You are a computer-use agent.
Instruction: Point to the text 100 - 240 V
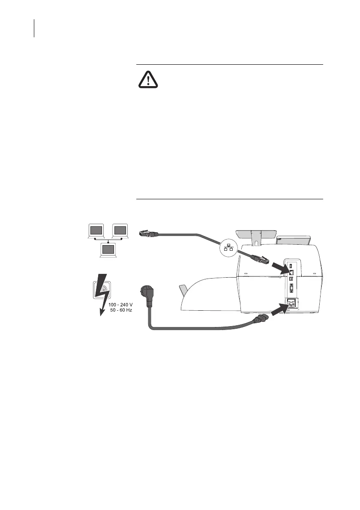[x=120, y=305]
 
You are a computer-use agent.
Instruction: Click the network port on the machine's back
[x=291, y=272]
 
